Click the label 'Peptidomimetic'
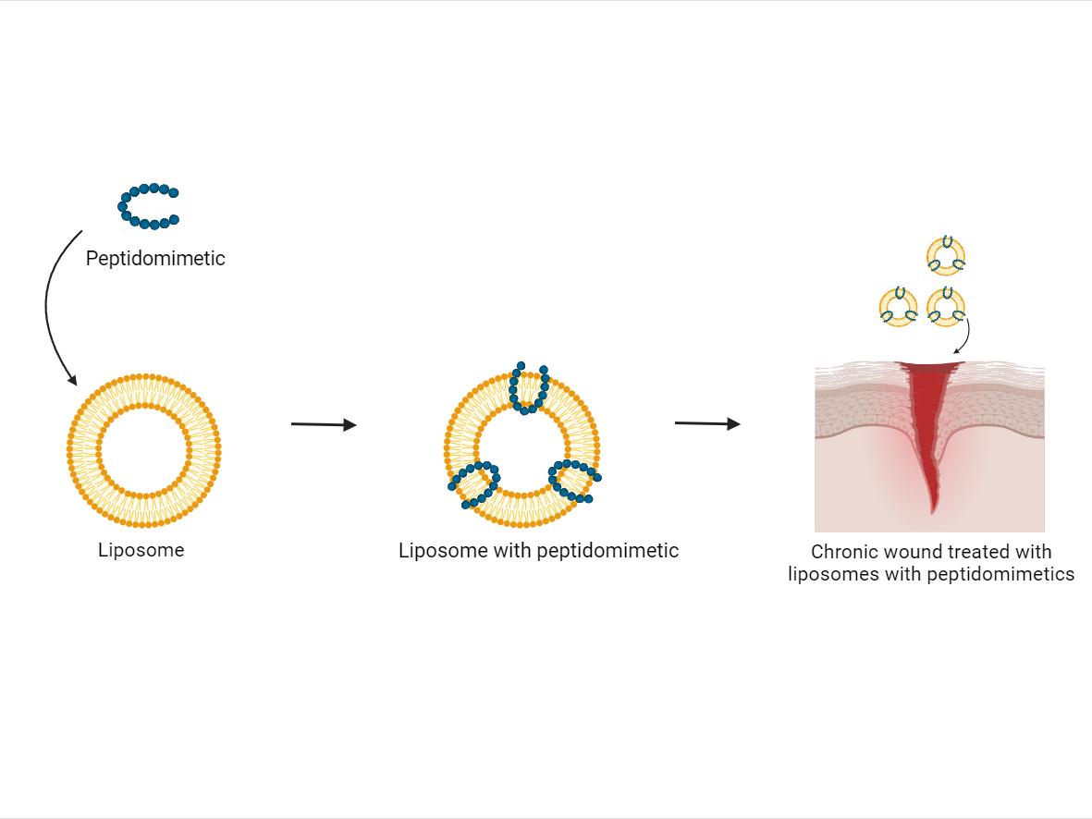(155, 259)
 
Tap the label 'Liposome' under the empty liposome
(141, 551)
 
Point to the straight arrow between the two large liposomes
(323, 424)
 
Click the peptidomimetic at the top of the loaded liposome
(528, 388)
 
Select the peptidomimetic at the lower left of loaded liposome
(475, 483)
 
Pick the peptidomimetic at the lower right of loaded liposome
(574, 480)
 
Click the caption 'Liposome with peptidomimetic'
(538, 551)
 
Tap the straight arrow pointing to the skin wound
(706, 423)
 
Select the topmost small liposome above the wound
(946, 254)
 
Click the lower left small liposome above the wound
(898, 306)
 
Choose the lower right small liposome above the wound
(946, 306)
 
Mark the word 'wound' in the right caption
(913, 553)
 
